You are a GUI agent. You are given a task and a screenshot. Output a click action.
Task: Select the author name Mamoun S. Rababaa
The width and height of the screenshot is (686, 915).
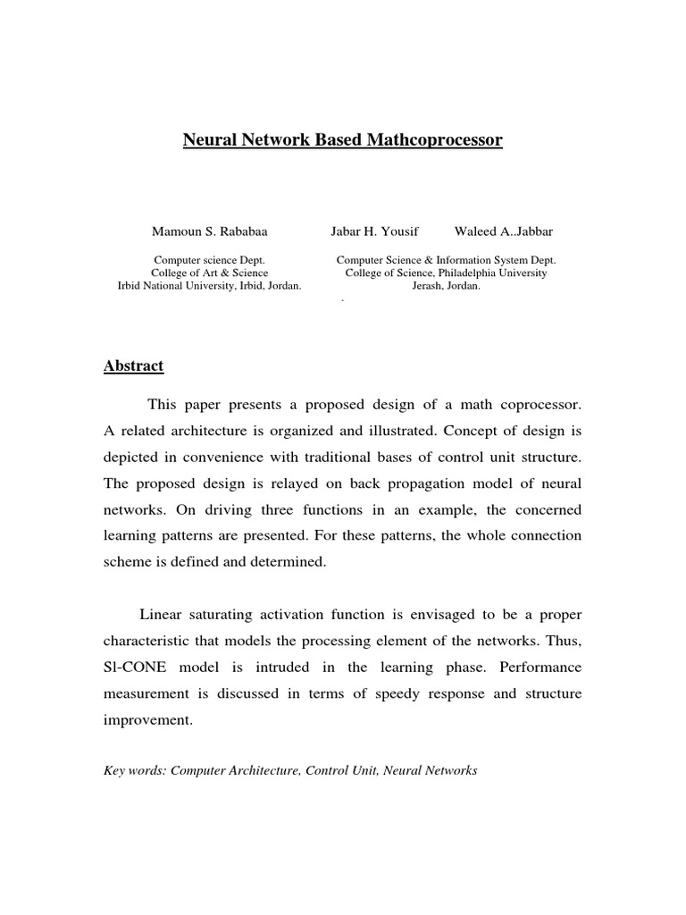(x=209, y=231)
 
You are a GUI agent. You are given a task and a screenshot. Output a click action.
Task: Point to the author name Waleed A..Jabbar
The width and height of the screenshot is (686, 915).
(x=497, y=231)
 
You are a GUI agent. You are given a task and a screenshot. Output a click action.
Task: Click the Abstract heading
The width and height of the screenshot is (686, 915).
(x=133, y=366)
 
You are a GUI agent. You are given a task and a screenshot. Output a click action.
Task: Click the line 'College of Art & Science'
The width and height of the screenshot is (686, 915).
(x=209, y=273)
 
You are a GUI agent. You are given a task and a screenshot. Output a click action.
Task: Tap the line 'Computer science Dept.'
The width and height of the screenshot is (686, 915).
(x=209, y=259)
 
